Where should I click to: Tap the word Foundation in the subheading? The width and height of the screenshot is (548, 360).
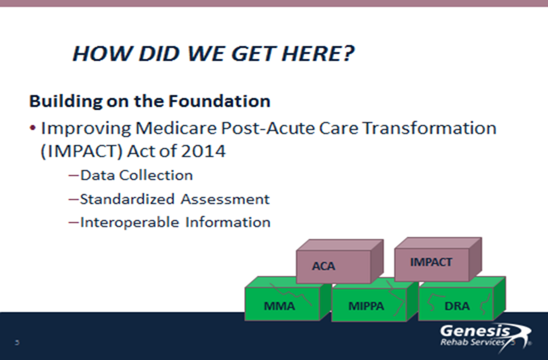[220, 101]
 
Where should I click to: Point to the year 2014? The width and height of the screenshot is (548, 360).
[203, 151]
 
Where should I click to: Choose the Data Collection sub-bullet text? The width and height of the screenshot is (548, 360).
[136, 175]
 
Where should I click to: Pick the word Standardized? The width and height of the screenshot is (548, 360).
[127, 199]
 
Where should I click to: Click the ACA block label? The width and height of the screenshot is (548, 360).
[323, 266]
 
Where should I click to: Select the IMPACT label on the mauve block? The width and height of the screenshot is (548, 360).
[431, 262]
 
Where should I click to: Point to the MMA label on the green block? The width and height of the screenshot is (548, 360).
[280, 306]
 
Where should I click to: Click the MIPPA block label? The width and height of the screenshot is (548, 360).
[366, 306]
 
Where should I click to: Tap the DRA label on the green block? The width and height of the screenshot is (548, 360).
[457, 306]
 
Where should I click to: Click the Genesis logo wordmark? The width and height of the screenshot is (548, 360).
[475, 332]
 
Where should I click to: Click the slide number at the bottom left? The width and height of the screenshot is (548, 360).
[17, 343]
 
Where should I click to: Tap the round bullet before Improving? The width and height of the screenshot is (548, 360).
[33, 128]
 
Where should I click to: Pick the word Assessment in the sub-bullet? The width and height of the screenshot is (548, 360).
[225, 199]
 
